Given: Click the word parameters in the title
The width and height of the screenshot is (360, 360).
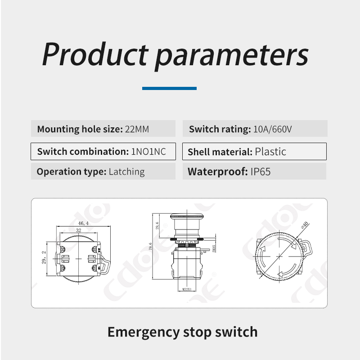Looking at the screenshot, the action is coord(232,57).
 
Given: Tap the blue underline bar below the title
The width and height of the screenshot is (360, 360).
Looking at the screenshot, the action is coord(169,88).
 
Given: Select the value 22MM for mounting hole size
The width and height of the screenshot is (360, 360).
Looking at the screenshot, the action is coord(137,129).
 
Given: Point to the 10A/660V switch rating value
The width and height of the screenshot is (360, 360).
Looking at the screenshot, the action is coord(272,129).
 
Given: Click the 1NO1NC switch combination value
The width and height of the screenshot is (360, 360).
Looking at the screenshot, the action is coord(148,152).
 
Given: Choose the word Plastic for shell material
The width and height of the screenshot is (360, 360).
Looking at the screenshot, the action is coord(270,152).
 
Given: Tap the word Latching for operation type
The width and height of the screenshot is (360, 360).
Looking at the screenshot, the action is coord(127,172).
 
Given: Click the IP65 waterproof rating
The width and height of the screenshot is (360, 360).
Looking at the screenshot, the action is coord(261,172).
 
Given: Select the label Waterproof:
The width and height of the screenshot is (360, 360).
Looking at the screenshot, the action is coord(217,172).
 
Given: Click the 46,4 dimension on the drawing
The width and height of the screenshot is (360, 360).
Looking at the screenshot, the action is coord(83,223).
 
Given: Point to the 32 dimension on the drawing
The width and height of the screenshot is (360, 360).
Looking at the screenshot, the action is coord(78,230).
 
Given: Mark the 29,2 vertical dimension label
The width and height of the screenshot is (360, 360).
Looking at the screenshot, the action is coord(44,257).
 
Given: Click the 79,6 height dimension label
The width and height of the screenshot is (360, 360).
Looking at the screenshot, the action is coord(150,246).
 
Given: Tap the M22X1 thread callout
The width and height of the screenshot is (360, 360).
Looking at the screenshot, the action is coord(187,289).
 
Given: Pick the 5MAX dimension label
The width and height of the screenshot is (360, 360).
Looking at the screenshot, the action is coord(214,249).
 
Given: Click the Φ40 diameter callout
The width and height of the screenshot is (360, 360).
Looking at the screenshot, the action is coord(305,225).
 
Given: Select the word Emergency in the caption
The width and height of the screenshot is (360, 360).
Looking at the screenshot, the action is coord(144,333).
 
